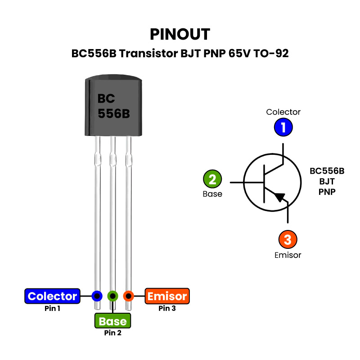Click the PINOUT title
(x=180, y=34)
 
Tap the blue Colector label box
(x=52, y=296)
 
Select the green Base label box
(x=112, y=321)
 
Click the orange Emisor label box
(x=167, y=296)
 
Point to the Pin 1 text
(x=52, y=309)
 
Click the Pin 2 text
(x=112, y=333)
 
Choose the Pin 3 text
(x=167, y=309)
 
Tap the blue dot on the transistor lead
(x=96, y=296)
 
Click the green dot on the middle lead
(x=112, y=296)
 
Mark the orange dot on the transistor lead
(x=129, y=296)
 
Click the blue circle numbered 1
(x=283, y=127)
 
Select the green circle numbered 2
(x=212, y=179)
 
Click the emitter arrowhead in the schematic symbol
(x=280, y=197)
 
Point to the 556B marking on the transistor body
(x=114, y=114)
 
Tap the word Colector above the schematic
(x=283, y=112)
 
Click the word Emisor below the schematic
(x=288, y=255)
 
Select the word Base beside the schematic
(x=212, y=194)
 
